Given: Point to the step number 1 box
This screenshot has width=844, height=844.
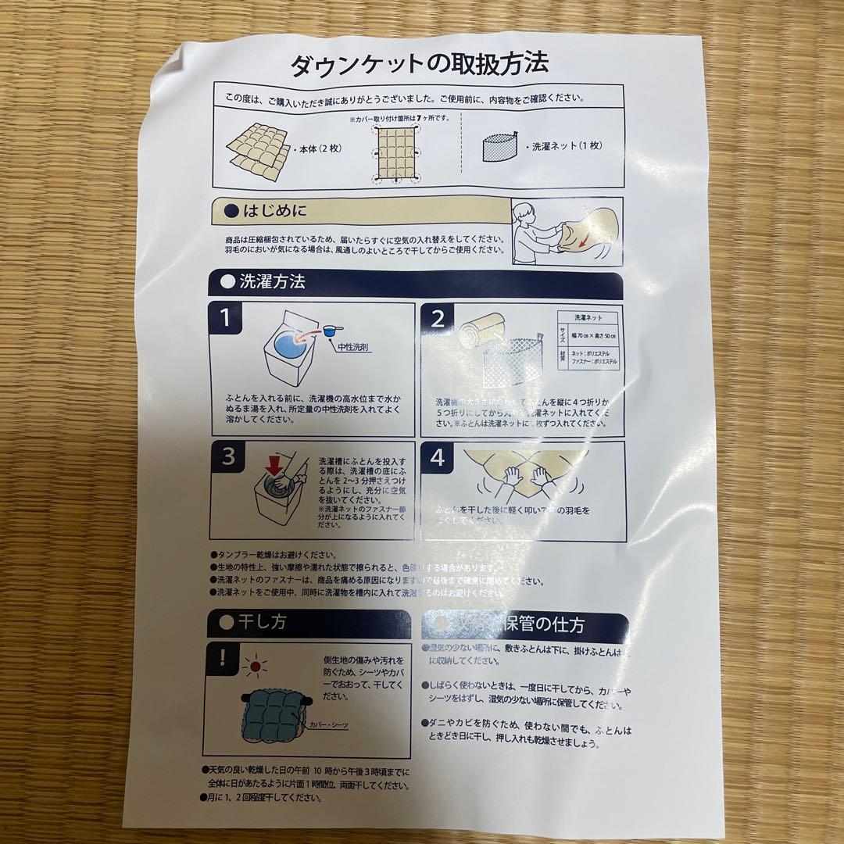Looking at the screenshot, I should click(x=225, y=319).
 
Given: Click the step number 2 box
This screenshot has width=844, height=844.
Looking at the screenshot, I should click(x=438, y=319).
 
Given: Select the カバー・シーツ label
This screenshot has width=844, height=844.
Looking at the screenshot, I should click(x=327, y=725).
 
